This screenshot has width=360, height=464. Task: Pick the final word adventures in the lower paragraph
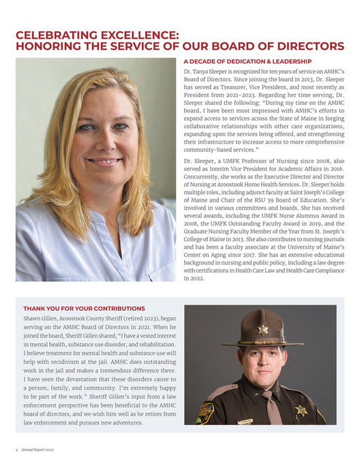point(124,422)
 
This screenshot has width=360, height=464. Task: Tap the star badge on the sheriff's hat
point(262,330)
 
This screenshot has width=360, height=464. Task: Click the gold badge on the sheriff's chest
point(301,410)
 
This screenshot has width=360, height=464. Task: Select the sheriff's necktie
point(270,409)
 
